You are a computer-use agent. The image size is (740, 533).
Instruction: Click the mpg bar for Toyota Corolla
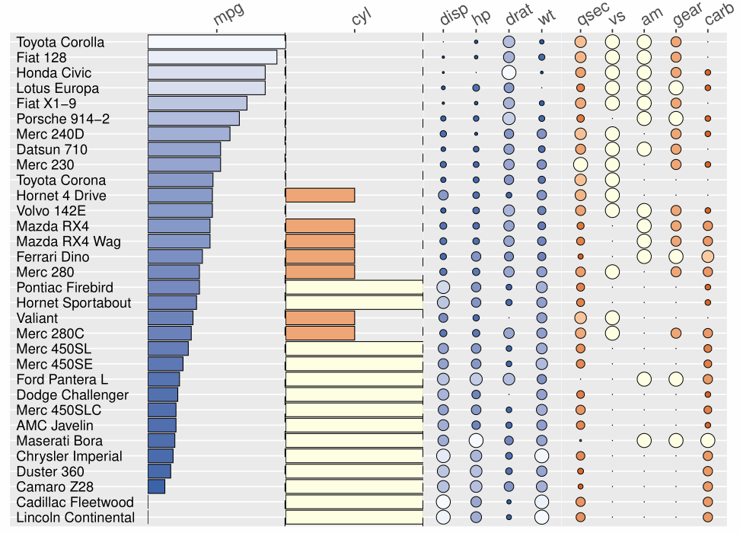click(x=216, y=42)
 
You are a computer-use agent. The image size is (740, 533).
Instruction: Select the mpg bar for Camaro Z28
click(x=156, y=487)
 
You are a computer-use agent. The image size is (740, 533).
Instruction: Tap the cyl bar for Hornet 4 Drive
click(x=320, y=196)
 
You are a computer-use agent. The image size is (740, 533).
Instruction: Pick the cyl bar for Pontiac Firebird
click(x=354, y=287)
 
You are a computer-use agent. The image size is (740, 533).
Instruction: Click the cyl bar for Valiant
click(x=320, y=318)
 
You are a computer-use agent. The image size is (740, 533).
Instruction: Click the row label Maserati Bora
click(x=59, y=441)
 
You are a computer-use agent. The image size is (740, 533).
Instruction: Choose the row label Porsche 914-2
click(x=63, y=119)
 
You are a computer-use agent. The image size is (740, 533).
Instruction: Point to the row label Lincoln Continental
click(x=75, y=518)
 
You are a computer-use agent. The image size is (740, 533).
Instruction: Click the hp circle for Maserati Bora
click(x=476, y=440)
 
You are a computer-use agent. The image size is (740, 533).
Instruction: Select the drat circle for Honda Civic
click(x=509, y=73)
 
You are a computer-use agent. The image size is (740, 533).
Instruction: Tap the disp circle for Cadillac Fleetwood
click(x=443, y=502)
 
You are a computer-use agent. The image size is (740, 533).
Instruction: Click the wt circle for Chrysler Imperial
click(x=541, y=456)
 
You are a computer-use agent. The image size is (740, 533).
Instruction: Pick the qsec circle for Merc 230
click(x=581, y=164)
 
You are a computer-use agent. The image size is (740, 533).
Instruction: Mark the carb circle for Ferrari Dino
click(x=708, y=257)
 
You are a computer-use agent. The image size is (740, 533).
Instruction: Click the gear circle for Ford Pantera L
click(x=675, y=379)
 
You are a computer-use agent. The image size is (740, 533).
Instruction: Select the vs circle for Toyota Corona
click(x=612, y=180)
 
